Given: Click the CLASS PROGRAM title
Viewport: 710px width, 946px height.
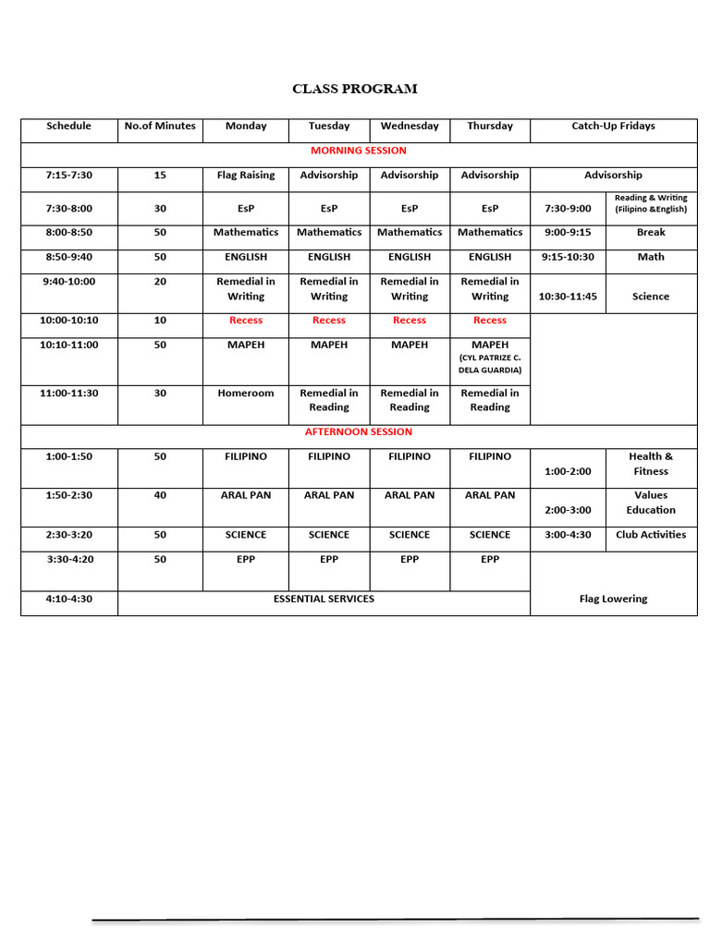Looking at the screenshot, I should [354, 90].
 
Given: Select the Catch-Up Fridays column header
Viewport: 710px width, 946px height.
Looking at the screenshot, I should [613, 126].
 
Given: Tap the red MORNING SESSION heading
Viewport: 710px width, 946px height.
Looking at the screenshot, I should [359, 151].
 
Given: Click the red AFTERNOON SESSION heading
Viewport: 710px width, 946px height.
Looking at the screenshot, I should [359, 431].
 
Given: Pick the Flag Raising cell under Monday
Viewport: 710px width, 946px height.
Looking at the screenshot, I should [246, 176].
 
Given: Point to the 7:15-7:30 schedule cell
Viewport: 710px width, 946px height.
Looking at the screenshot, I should [69, 176].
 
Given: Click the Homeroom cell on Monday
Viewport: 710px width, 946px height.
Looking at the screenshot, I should [246, 394].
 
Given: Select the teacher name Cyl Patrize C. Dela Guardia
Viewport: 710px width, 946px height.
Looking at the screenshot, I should [490, 364].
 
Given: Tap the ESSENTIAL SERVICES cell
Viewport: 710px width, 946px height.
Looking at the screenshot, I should [324, 600].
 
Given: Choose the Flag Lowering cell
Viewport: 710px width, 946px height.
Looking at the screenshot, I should [613, 600].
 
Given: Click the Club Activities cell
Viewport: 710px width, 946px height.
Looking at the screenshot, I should [651, 535].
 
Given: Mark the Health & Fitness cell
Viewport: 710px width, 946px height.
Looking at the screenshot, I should [651, 464].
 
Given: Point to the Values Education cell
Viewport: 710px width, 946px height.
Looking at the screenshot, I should [651, 503].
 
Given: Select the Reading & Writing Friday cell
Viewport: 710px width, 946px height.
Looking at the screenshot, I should [651, 203].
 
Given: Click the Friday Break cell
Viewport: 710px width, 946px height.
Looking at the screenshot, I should [651, 233].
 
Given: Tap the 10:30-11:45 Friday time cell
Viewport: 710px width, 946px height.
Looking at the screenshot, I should [568, 297].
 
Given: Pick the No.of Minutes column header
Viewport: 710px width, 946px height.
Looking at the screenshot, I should [160, 126].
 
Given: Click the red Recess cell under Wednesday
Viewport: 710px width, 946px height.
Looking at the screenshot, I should [410, 321].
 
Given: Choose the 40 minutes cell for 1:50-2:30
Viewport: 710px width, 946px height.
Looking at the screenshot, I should [160, 495].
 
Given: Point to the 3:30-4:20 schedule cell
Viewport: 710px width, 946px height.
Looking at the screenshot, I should [69, 560].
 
